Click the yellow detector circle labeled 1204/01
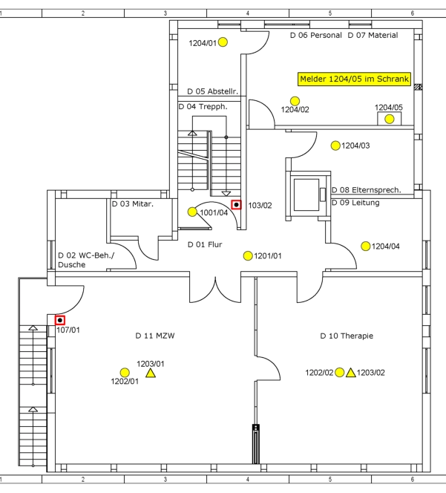point(223,42)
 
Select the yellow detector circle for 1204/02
point(295,101)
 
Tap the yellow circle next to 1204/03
point(335,146)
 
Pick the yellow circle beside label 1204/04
point(365,246)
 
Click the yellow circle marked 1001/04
point(193,212)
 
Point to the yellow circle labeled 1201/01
point(248,255)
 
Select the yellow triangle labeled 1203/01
point(151,373)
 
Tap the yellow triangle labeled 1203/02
point(351,372)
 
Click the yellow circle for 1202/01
point(125,373)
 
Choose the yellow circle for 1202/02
point(339,372)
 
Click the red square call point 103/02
point(236,204)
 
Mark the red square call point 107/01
point(60,321)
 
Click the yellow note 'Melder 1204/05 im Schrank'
point(354,78)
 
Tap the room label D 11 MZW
point(154,336)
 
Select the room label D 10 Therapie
point(347,336)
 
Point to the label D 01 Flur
point(204,244)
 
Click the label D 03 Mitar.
point(132,203)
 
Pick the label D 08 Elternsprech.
point(366,190)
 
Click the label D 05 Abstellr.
point(212,91)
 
